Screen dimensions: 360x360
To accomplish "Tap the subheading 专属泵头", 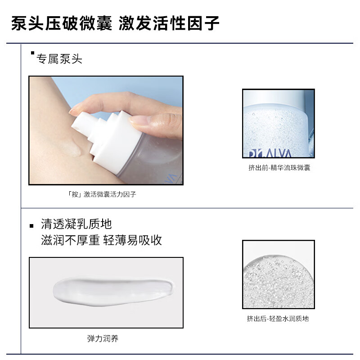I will point(59,59).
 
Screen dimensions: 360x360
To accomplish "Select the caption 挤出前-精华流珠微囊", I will point(279,168).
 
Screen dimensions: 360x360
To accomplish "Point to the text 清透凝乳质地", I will point(76,224).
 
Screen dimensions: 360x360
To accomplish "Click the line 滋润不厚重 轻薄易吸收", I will point(101,240).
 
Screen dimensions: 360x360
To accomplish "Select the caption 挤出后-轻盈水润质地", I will point(278,319).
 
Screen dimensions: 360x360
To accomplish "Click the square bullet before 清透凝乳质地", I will point(31,225).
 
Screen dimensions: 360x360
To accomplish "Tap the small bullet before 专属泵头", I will point(32,54).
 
